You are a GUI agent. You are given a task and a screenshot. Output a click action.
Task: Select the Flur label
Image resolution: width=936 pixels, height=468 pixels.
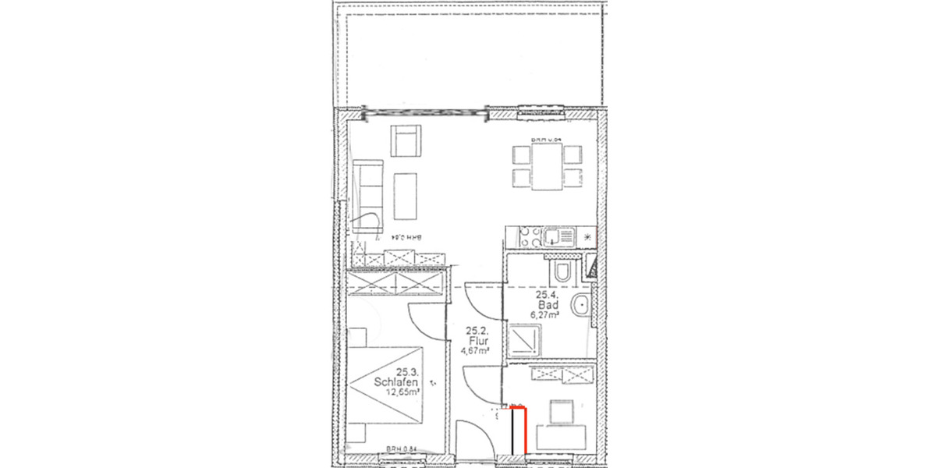(479, 341)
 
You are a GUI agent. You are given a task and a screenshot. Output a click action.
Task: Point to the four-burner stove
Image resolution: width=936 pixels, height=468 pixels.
(522, 234)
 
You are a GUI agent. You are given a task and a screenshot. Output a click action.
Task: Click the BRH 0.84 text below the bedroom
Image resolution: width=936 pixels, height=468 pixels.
(402, 449)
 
